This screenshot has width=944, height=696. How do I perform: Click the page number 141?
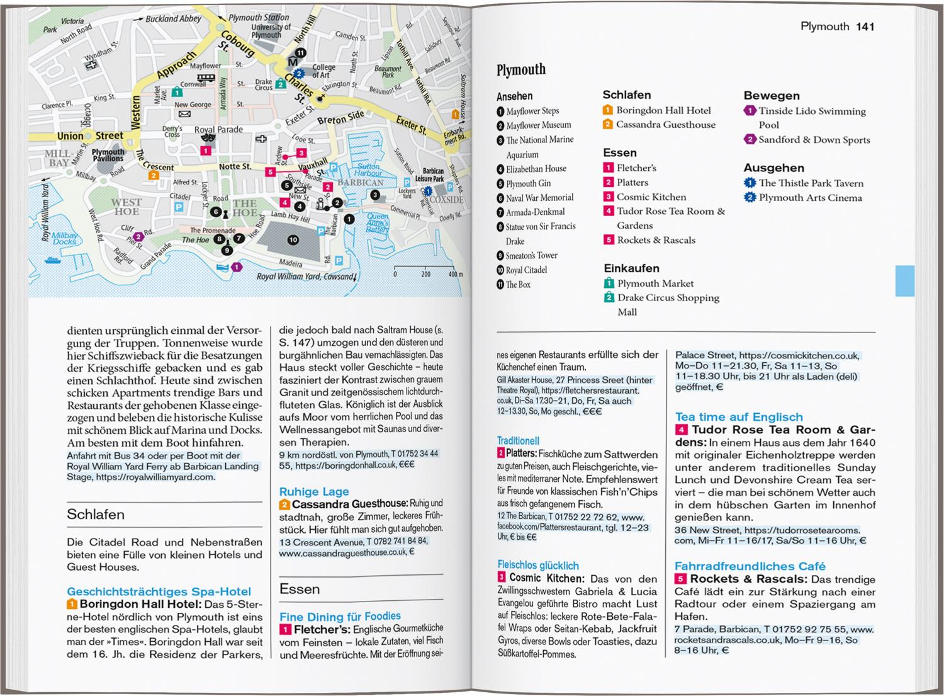865,26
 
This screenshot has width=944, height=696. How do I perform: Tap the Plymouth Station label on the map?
259,18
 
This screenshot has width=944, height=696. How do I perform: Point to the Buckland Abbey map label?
173,19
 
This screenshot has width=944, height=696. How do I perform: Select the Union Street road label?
90,135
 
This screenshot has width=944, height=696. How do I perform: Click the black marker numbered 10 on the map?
293,240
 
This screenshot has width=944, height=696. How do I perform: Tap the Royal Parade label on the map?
218,130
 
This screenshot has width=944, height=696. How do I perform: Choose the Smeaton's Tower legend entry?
531,256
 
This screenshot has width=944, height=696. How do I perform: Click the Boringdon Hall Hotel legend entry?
663,110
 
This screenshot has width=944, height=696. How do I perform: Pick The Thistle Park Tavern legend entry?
811,183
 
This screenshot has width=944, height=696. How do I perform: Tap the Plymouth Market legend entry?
655,283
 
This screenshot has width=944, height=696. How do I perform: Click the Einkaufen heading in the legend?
631,268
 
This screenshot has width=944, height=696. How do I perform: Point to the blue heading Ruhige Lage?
314,491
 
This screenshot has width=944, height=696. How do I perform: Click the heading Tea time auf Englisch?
739,417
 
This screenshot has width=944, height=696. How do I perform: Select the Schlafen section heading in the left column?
96,515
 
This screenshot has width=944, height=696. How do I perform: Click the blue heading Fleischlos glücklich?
538,566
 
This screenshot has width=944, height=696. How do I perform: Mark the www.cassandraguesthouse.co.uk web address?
343,552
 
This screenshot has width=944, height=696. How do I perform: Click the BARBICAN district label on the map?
360,183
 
